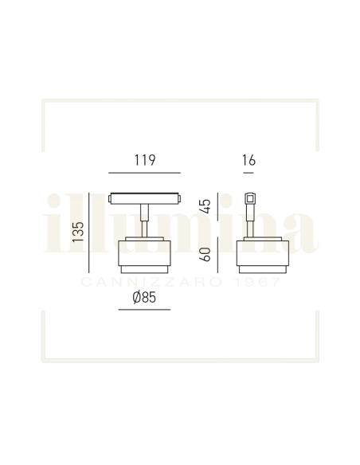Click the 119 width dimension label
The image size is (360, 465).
click(144, 160)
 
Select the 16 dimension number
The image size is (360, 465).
click(248, 160)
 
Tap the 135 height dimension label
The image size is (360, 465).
click(78, 231)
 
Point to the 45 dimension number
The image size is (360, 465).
click(205, 206)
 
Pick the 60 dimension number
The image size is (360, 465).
click(205, 256)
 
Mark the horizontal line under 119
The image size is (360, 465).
click(144, 173)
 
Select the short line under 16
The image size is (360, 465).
click(248, 173)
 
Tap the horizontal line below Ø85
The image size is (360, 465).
click(143, 308)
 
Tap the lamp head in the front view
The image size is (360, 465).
click(143, 254)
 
